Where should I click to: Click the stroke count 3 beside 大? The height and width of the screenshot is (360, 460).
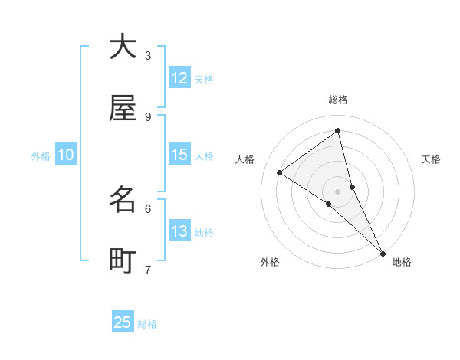click(148, 55)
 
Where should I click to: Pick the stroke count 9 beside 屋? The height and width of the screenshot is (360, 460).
click(148, 116)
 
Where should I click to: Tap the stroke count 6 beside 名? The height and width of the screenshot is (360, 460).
click(148, 208)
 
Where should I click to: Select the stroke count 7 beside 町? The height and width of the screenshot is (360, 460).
click(148, 269)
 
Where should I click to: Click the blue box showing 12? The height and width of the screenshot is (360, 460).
click(179, 78)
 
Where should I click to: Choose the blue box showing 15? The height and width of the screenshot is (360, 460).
click(179, 155)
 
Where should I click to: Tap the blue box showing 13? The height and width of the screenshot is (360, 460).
click(179, 231)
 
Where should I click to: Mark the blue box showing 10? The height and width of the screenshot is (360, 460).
click(66, 155)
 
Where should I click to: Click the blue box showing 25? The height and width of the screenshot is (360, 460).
click(123, 322)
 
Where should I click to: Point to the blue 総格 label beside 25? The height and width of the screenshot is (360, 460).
click(147, 324)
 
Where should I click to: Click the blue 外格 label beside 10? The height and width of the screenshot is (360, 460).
click(41, 156)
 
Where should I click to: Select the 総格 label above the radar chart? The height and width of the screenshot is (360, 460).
click(338, 100)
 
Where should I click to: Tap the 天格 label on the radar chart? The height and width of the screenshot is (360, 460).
click(431, 159)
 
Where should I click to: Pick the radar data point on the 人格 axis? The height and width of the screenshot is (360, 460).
click(279, 172)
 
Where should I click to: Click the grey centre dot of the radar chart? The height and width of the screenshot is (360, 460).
click(338, 191)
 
